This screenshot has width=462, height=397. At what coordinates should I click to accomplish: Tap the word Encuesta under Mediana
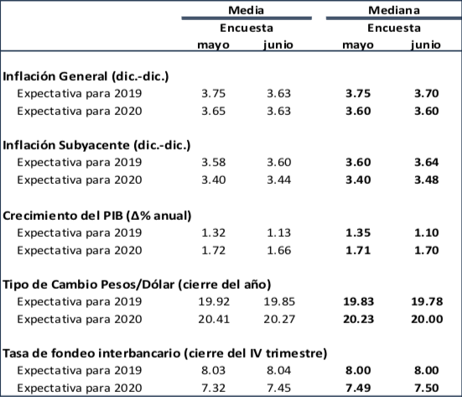pos(393,27)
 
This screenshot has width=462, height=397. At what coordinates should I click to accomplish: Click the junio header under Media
pos(278,44)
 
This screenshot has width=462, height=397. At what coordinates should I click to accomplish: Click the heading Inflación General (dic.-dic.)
pos(86,76)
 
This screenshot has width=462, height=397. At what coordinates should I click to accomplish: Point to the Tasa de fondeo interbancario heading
pos(164,353)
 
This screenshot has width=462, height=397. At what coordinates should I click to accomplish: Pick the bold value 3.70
pos(426,94)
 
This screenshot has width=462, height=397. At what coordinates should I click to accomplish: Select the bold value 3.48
pos(426,180)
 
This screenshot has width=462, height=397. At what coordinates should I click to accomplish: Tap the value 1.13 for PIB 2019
pos(278,232)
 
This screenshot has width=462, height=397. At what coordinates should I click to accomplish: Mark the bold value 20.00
pos(423,318)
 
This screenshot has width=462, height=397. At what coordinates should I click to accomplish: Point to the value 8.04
pos(278,370)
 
